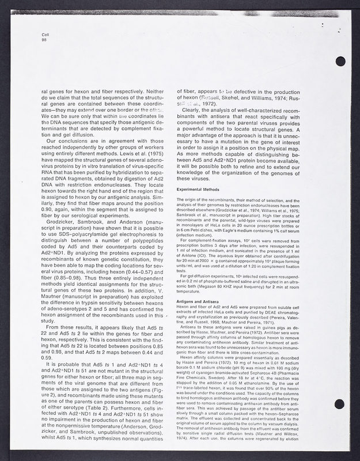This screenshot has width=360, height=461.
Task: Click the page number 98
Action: [37, 40]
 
